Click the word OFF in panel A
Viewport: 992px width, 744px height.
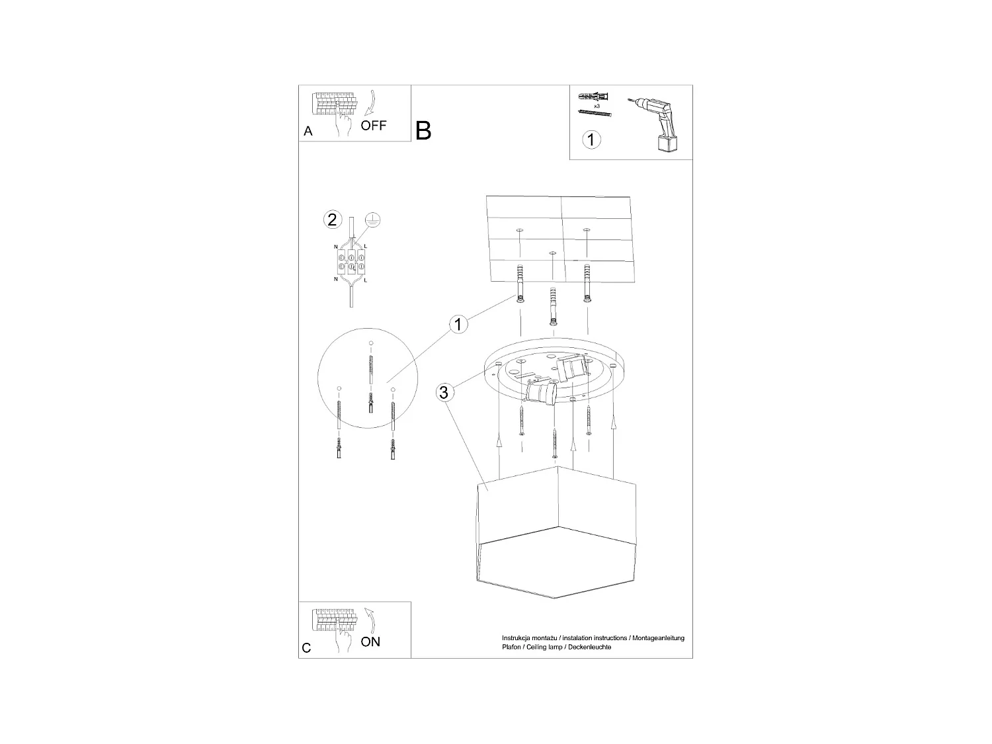374,125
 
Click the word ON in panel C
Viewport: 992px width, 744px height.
370,641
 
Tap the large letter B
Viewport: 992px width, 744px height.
423,130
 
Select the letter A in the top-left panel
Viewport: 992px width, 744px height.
308,132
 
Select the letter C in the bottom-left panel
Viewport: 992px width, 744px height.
307,648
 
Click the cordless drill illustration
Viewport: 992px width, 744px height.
655,122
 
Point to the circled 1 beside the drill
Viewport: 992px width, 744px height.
591,140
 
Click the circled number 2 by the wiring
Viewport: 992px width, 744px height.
332,220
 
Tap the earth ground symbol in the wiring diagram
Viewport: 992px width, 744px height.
373,221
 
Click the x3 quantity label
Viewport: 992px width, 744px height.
597,106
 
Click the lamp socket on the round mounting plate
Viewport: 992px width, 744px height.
541,395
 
